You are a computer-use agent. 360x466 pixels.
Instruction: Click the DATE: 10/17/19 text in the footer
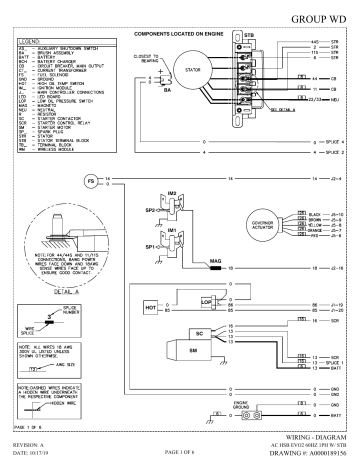tap(32, 457)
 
